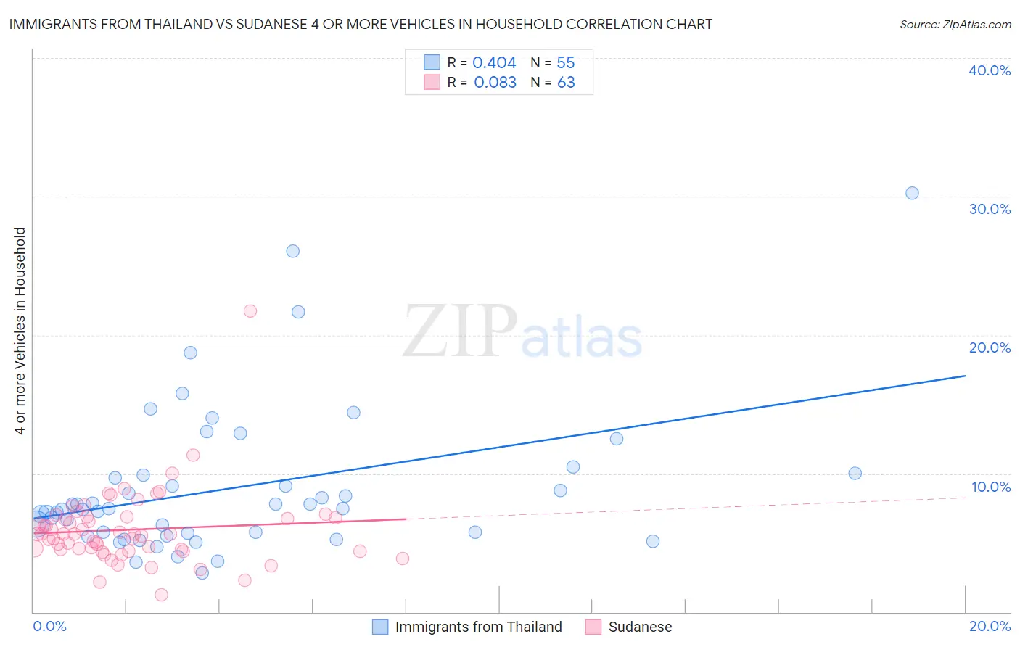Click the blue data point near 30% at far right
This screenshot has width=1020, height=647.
point(912,193)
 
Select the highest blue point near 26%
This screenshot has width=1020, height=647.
point(292,251)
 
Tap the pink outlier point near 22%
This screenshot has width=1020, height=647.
point(250,310)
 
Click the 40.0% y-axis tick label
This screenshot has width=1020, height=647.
point(990,70)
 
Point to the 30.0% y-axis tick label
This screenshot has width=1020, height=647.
point(990,209)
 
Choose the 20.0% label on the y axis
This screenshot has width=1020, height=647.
point(990,347)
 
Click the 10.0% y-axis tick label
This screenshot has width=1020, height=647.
point(990,487)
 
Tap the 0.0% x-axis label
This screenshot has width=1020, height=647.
point(49,626)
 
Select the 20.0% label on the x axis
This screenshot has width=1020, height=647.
point(990,626)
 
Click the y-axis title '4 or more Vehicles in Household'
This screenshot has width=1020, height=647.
point(20,331)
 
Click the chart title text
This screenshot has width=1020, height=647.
point(361,24)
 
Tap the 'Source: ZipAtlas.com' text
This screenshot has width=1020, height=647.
point(955,24)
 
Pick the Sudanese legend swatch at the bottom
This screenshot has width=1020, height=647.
point(593,627)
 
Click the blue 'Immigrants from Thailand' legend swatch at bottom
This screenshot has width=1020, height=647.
point(380,627)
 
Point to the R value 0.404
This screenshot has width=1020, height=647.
point(494,63)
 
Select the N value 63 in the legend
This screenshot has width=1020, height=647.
point(566,83)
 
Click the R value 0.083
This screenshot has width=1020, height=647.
point(495,83)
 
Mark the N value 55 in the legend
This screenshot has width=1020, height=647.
point(565,63)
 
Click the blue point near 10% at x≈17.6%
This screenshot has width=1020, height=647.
point(855,473)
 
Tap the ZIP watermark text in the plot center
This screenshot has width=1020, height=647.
point(460,331)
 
